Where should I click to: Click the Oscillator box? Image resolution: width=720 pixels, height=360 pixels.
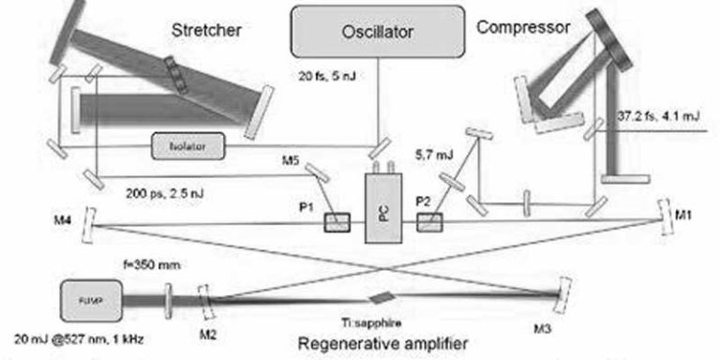point(378,35)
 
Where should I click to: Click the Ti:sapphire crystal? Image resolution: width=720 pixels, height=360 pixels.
point(376,296)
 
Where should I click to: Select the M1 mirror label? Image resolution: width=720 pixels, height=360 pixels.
point(686,212)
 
